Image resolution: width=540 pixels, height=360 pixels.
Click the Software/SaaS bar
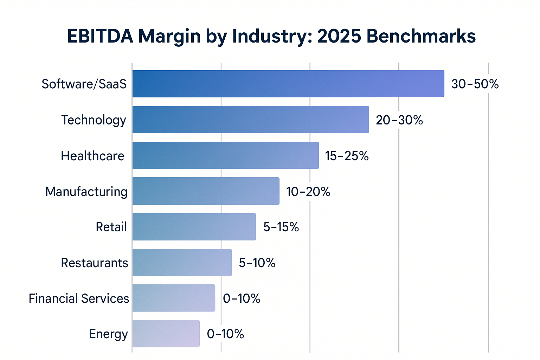(288, 84)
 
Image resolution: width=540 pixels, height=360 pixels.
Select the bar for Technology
(251, 120)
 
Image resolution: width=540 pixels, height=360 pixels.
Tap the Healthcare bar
(225, 155)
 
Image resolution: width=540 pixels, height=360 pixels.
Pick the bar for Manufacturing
(206, 191)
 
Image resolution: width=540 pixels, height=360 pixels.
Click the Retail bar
(194, 227)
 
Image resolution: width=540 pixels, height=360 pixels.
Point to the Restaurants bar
(182, 263)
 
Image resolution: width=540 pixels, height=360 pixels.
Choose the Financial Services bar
(174, 298)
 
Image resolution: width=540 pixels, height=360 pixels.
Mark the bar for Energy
(166, 334)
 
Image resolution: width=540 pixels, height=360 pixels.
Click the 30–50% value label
(475, 84)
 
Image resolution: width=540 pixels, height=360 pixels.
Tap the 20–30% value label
(399, 120)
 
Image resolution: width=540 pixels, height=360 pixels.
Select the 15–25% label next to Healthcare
(347, 156)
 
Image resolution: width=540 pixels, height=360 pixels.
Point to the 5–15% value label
(281, 227)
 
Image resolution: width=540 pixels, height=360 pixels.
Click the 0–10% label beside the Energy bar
(225, 334)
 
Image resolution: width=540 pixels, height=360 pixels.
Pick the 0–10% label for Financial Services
(242, 298)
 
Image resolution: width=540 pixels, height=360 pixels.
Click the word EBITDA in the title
(100, 36)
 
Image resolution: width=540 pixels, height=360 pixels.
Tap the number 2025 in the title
(339, 36)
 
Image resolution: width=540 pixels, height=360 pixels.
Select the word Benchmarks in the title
(421, 36)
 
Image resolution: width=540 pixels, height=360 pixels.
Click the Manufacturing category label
(86, 192)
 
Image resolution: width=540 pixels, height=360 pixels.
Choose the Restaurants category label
(95, 263)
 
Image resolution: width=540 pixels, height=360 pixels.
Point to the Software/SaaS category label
(84, 84)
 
